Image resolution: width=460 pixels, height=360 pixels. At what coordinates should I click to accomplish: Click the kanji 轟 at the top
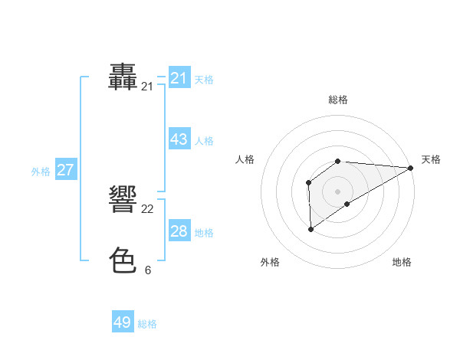[123, 77]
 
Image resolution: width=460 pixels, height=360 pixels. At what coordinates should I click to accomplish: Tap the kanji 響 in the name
[123, 201]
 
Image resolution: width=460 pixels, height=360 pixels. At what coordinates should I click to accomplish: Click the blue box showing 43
[179, 140]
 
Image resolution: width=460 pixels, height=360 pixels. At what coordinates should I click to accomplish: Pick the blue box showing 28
[179, 231]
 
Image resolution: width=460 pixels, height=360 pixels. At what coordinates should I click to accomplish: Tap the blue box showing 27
[65, 170]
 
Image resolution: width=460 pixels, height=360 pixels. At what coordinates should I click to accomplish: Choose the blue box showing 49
[123, 322]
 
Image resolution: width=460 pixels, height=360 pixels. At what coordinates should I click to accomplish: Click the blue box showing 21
[179, 78]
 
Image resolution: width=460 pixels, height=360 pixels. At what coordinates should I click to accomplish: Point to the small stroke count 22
[147, 209]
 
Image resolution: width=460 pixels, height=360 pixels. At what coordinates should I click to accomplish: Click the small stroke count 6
[147, 270]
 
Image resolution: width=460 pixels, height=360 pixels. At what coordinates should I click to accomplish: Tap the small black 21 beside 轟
[147, 87]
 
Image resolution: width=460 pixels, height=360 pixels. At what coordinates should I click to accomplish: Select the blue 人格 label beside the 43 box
[204, 141]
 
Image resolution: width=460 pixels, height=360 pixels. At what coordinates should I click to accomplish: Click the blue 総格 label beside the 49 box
[147, 324]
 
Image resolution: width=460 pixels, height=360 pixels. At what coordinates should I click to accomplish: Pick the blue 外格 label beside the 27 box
[41, 172]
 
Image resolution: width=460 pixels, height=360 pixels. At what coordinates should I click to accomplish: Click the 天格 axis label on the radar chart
[431, 159]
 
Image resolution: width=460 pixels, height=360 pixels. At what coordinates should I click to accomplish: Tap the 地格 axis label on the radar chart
[402, 262]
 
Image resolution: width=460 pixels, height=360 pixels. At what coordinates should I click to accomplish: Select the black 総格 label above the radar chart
[337, 100]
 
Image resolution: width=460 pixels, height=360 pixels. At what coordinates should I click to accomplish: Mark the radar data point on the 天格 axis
[410, 168]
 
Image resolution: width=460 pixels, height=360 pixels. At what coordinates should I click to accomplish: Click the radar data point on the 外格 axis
[310, 228]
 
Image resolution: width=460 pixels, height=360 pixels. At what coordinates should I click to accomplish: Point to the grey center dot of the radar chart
[337, 191]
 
